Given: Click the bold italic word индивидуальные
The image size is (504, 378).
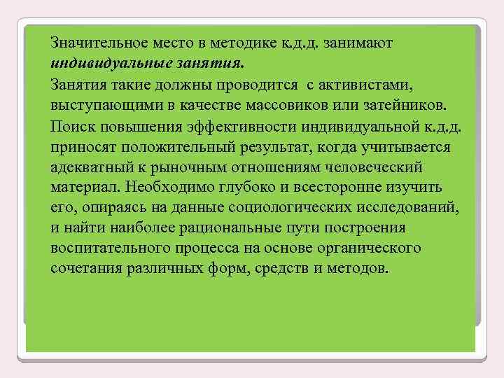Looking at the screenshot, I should [x=100, y=64].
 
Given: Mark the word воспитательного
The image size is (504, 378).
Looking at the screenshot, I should [x=102, y=249].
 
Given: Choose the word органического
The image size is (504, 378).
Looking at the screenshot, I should [x=363, y=249].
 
